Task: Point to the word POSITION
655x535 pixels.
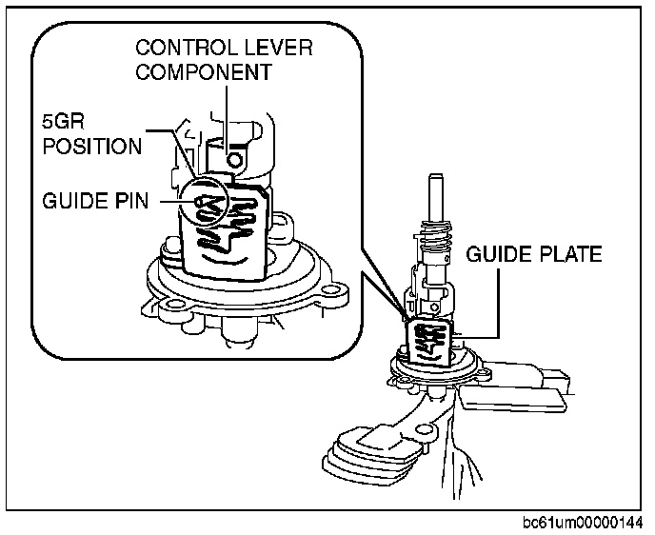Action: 89,147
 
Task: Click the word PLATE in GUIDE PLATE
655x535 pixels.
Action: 567,255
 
